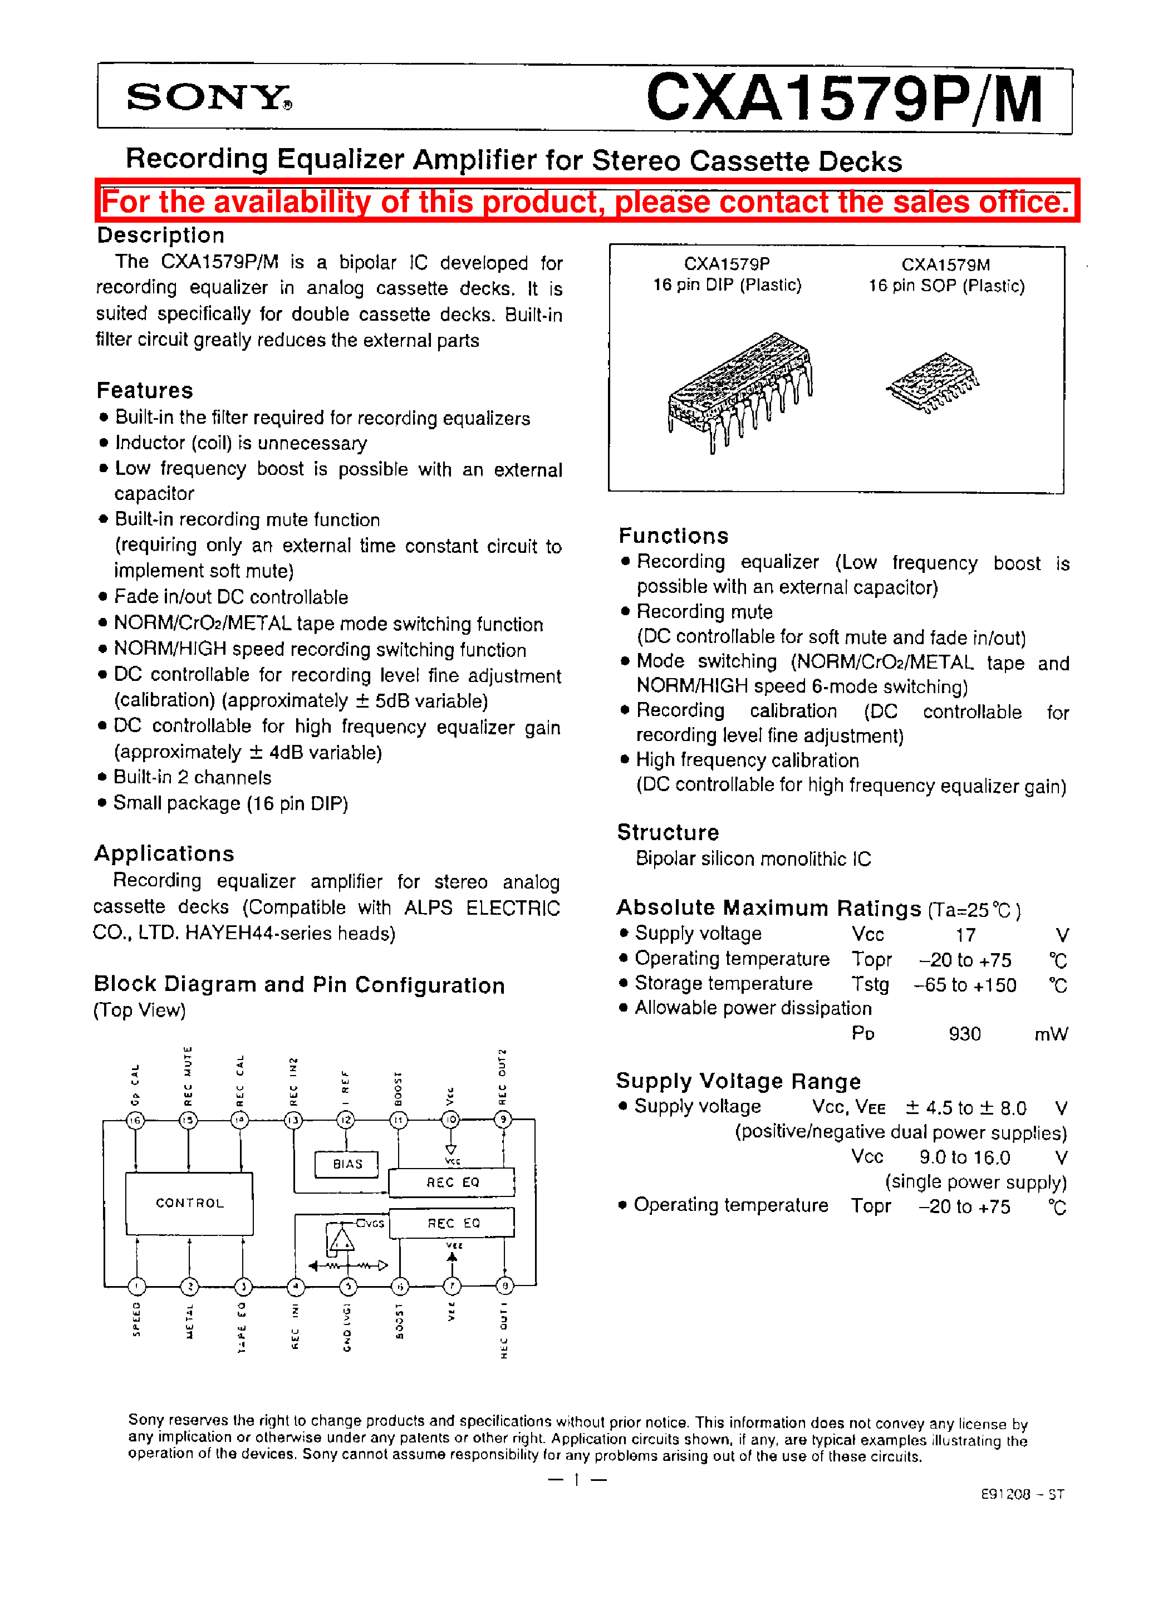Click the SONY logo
click(208, 97)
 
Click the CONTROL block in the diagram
click(190, 1203)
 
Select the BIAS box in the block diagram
click(347, 1164)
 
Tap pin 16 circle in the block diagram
click(135, 1120)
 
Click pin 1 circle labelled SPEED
click(136, 1286)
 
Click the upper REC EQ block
click(452, 1182)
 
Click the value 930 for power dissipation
click(964, 1034)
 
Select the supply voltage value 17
click(965, 935)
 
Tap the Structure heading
click(668, 832)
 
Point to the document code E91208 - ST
click(1022, 1494)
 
